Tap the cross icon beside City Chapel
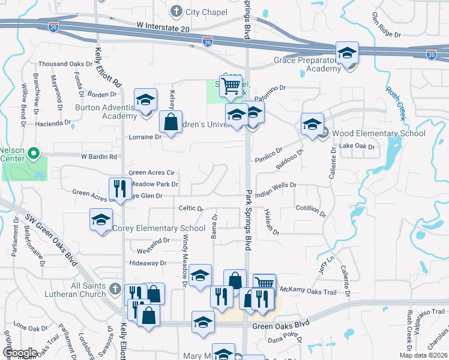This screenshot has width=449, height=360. pos(176,11)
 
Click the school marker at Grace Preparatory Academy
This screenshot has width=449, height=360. pos(347,55)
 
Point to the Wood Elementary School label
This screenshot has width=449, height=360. pos(378,133)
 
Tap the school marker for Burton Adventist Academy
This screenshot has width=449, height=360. pos(145,101)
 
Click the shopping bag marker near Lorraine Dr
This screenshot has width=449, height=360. pos(170,122)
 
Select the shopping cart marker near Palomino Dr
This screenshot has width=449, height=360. pos(231,87)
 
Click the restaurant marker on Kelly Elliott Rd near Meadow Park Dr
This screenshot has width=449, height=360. pos(120,189)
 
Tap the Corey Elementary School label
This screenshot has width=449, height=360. pos(160,228)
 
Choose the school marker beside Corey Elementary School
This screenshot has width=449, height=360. pos(101,220)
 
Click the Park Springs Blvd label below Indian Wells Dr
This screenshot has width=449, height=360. pos(248,220)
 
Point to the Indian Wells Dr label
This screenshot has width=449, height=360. pos(276,190)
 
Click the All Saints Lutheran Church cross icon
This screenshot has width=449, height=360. pos(115,290)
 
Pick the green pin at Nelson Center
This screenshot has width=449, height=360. pos(34,154)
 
